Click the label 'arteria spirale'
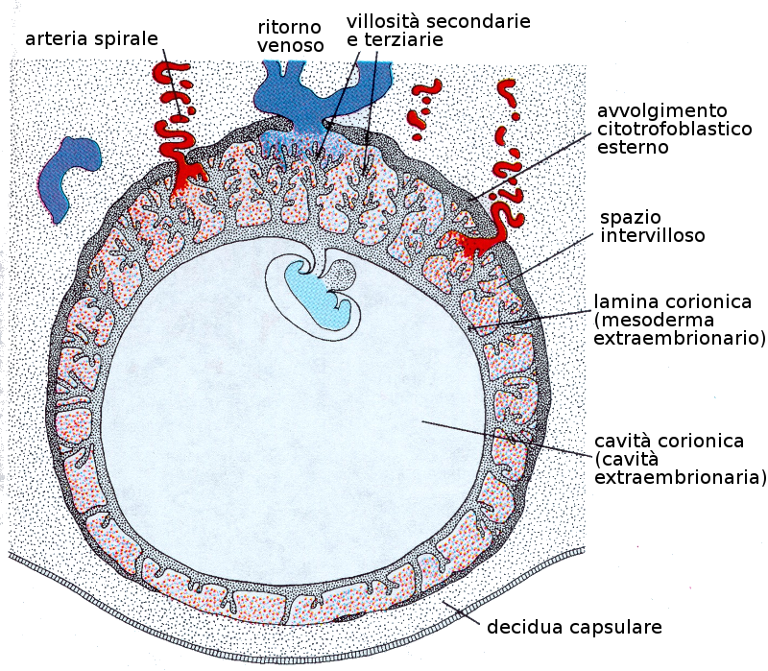coord(92,38)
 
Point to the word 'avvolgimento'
coord(661,109)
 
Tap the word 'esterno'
coord(632,148)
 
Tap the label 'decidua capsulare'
coord(574,629)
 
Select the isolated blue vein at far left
coord(67,175)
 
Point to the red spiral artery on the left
coord(180,134)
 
